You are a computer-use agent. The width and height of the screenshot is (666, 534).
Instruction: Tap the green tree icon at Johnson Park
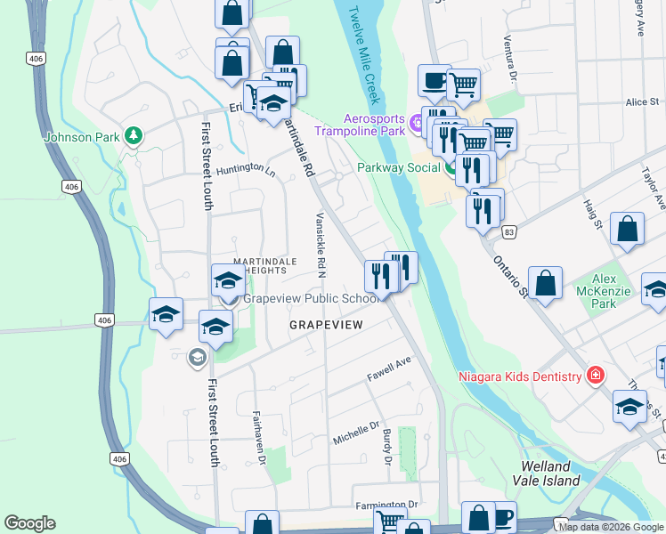[134, 135]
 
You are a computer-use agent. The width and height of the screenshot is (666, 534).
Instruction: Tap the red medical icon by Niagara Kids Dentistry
[594, 376]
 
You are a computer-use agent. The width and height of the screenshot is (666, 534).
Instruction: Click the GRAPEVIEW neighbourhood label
[326, 326]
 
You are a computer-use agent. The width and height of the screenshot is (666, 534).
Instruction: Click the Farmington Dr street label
[386, 505]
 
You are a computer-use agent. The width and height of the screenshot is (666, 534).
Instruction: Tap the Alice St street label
[641, 102]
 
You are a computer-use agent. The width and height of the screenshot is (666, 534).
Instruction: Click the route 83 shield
[508, 231]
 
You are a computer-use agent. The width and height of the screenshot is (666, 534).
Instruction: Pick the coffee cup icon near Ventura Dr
[435, 80]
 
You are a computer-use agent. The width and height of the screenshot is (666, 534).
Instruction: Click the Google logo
[29, 523]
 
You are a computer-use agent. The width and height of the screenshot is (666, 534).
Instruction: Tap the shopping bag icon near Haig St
[627, 229]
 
